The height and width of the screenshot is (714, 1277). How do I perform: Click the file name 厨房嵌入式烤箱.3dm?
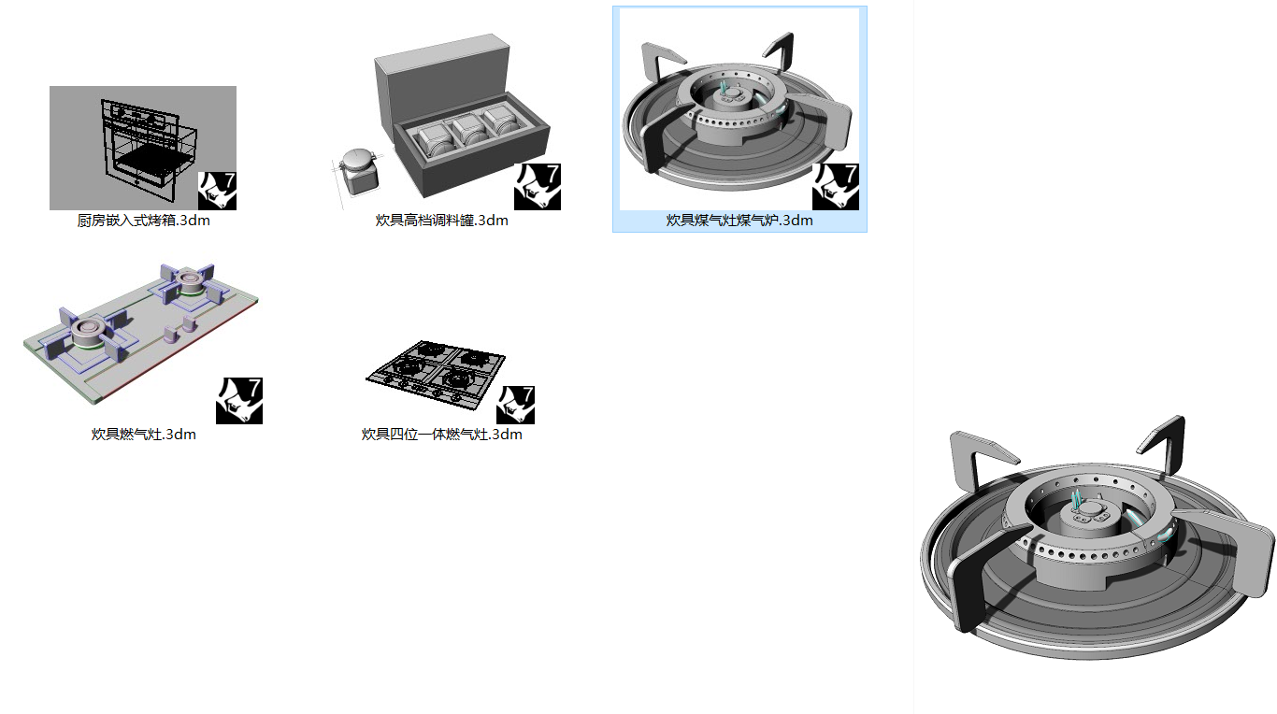143,221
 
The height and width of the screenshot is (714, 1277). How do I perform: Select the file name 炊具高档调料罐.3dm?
441,221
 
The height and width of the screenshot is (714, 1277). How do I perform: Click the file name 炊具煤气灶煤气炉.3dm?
739,221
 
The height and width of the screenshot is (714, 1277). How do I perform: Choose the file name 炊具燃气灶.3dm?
143,435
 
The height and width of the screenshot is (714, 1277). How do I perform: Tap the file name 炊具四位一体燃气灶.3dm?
441,435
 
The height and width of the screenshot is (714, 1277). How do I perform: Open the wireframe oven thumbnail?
140,148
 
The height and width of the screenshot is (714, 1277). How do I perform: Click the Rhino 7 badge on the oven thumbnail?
217,191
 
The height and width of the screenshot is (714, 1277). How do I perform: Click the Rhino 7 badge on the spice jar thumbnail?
538,187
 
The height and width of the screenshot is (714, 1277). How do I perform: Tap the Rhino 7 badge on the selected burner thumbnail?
835,187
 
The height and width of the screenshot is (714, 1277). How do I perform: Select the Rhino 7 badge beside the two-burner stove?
239,401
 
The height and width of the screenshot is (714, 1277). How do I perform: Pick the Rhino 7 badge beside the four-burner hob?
515,405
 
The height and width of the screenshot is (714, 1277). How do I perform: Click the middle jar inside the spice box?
466,132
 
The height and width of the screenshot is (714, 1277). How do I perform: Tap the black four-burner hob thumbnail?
436,374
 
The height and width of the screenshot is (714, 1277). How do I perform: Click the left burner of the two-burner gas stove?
90,332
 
